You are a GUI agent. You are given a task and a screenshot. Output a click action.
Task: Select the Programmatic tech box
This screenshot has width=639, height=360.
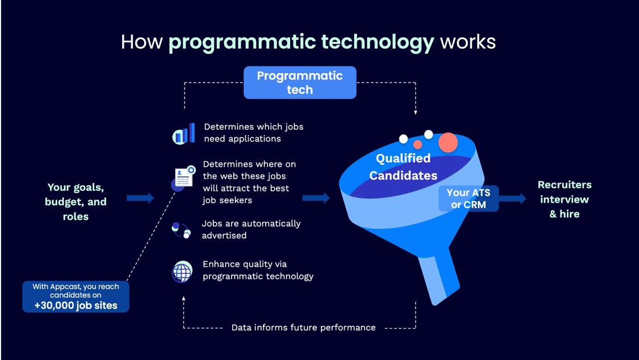[x=299, y=83]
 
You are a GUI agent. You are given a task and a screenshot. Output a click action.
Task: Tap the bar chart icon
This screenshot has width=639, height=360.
[x=184, y=134]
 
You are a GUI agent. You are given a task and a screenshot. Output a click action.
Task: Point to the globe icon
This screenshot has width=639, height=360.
[x=183, y=272]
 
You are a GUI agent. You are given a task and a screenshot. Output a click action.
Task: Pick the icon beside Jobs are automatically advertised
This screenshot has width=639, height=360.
[x=181, y=230]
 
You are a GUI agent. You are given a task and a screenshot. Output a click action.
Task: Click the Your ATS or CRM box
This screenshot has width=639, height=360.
[x=468, y=199]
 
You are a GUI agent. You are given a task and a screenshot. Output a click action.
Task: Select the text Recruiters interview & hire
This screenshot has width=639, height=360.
[x=564, y=199]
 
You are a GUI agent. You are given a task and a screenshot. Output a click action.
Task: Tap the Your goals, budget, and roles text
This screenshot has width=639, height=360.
[x=76, y=202]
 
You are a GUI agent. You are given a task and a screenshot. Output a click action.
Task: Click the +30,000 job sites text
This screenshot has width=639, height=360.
[x=76, y=305]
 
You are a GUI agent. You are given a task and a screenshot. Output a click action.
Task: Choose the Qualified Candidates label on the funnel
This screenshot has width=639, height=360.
[x=403, y=166]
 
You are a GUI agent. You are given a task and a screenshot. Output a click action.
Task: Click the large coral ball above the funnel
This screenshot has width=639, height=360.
[x=448, y=142]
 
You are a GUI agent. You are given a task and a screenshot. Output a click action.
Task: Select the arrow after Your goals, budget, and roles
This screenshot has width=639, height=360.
[x=140, y=198]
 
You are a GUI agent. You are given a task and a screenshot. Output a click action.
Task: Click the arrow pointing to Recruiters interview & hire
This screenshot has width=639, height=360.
[x=513, y=199]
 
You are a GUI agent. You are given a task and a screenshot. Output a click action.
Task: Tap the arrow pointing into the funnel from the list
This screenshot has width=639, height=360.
[x=316, y=198]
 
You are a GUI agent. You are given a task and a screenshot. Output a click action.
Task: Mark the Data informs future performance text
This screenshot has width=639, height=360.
[x=303, y=327]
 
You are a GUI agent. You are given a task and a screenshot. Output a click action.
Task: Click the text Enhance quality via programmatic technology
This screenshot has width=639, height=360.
[x=258, y=270]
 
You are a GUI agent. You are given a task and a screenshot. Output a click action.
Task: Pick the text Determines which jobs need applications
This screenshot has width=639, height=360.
[x=254, y=133]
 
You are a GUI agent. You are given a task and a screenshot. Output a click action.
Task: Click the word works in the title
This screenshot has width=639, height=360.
[x=467, y=42]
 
